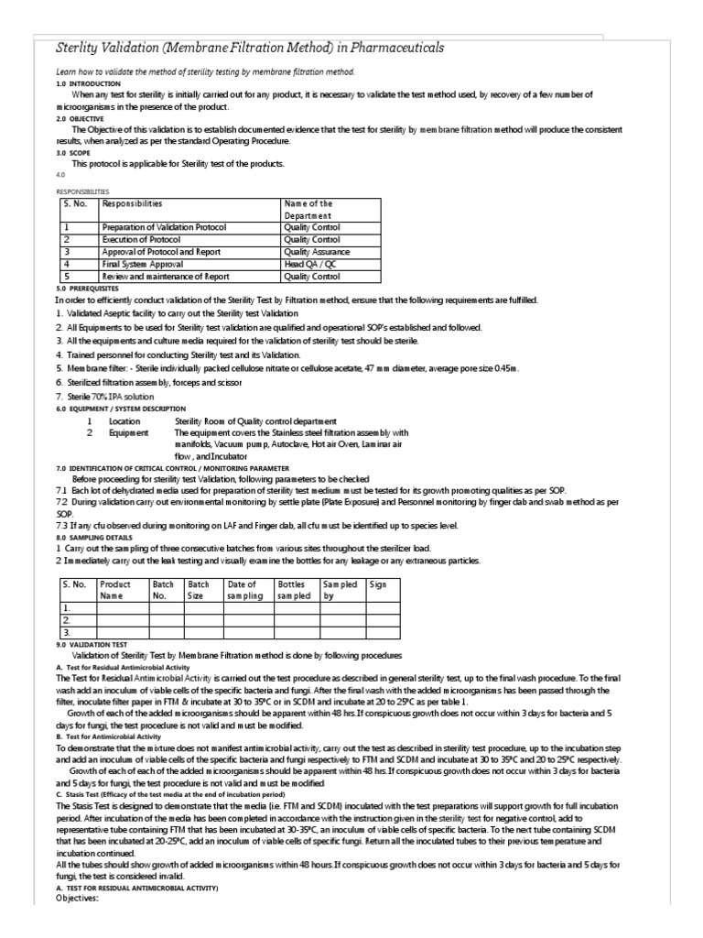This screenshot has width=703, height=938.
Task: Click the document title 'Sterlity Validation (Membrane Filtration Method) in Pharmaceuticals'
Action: [x=239, y=48]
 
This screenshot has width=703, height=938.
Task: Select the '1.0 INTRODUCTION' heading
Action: [x=88, y=83]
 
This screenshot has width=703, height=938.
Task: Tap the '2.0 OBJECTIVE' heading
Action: [x=81, y=118]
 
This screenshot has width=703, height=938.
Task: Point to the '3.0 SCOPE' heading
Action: [x=73, y=153]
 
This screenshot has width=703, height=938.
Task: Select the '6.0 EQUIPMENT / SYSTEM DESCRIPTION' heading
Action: [x=121, y=408]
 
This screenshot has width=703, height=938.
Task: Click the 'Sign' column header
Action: [x=377, y=584]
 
